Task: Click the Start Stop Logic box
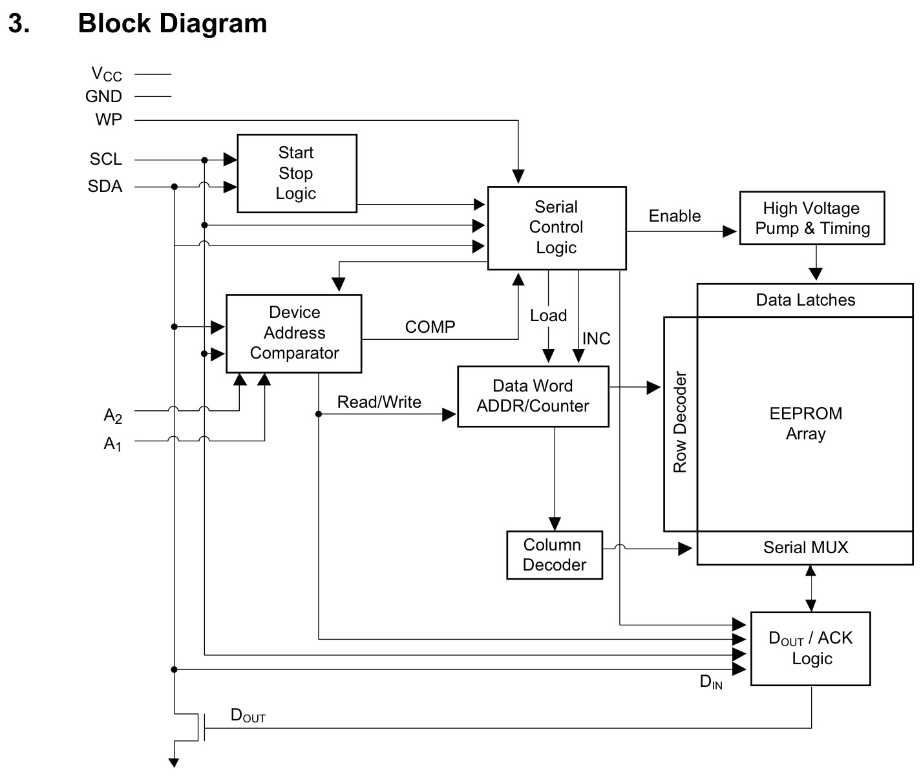point(297,173)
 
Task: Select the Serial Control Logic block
point(556,228)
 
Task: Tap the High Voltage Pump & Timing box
point(812,218)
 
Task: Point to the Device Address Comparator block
point(294,333)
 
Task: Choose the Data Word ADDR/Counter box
point(533,396)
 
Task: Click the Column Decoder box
point(555,554)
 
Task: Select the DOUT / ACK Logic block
point(810,648)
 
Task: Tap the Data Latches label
point(805,300)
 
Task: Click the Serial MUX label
point(805,547)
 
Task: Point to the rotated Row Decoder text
point(680,422)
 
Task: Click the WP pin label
point(109,120)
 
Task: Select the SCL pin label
point(106,159)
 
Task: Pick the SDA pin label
point(105,186)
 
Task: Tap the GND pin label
point(103,96)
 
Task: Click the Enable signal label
point(674,216)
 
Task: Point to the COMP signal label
point(430,327)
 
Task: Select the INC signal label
point(597,339)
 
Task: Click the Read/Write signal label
point(379,402)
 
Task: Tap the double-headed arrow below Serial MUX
point(810,589)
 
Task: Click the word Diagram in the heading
point(213,23)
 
